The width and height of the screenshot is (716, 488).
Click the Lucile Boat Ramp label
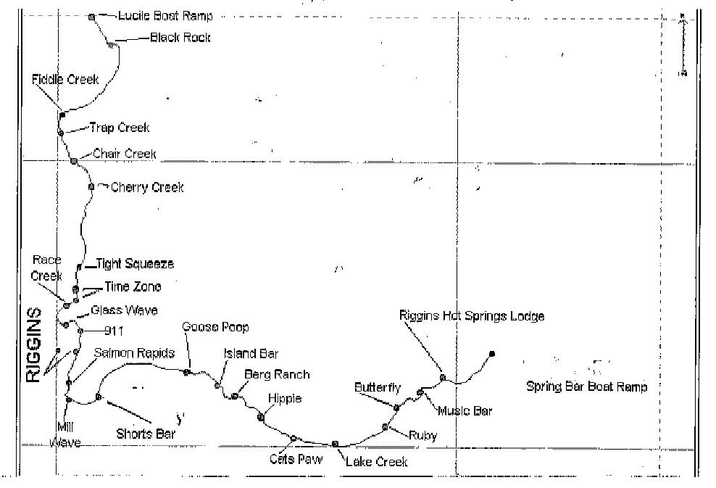pyautogui.click(x=165, y=16)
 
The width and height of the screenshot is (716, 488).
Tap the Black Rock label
pyautogui.click(x=180, y=37)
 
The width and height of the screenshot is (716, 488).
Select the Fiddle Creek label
pyautogui.click(x=65, y=80)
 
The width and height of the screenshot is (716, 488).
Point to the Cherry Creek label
pyautogui.click(x=147, y=188)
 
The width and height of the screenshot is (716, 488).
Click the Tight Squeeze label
pyautogui.click(x=135, y=265)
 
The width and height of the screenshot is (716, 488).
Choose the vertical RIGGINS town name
pyautogui.click(x=34, y=344)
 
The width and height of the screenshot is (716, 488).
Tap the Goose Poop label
pyautogui.click(x=215, y=328)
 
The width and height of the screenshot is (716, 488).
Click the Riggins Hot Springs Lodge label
pyautogui.click(x=472, y=316)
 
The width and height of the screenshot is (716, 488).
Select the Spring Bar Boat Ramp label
pyautogui.click(x=586, y=386)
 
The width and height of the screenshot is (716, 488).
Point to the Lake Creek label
pyautogui.click(x=377, y=462)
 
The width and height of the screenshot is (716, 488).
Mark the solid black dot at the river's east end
pyautogui.click(x=492, y=354)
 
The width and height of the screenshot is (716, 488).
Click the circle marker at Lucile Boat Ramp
pyautogui.click(x=91, y=17)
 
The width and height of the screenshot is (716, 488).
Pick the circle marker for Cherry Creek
pyautogui.click(x=91, y=186)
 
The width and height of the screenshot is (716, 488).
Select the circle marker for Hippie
pyautogui.click(x=261, y=417)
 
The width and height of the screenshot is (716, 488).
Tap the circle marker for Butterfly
pyautogui.click(x=396, y=408)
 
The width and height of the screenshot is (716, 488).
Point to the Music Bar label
pyautogui.click(x=465, y=411)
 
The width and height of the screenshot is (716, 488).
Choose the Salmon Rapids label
pyautogui.click(x=135, y=353)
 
